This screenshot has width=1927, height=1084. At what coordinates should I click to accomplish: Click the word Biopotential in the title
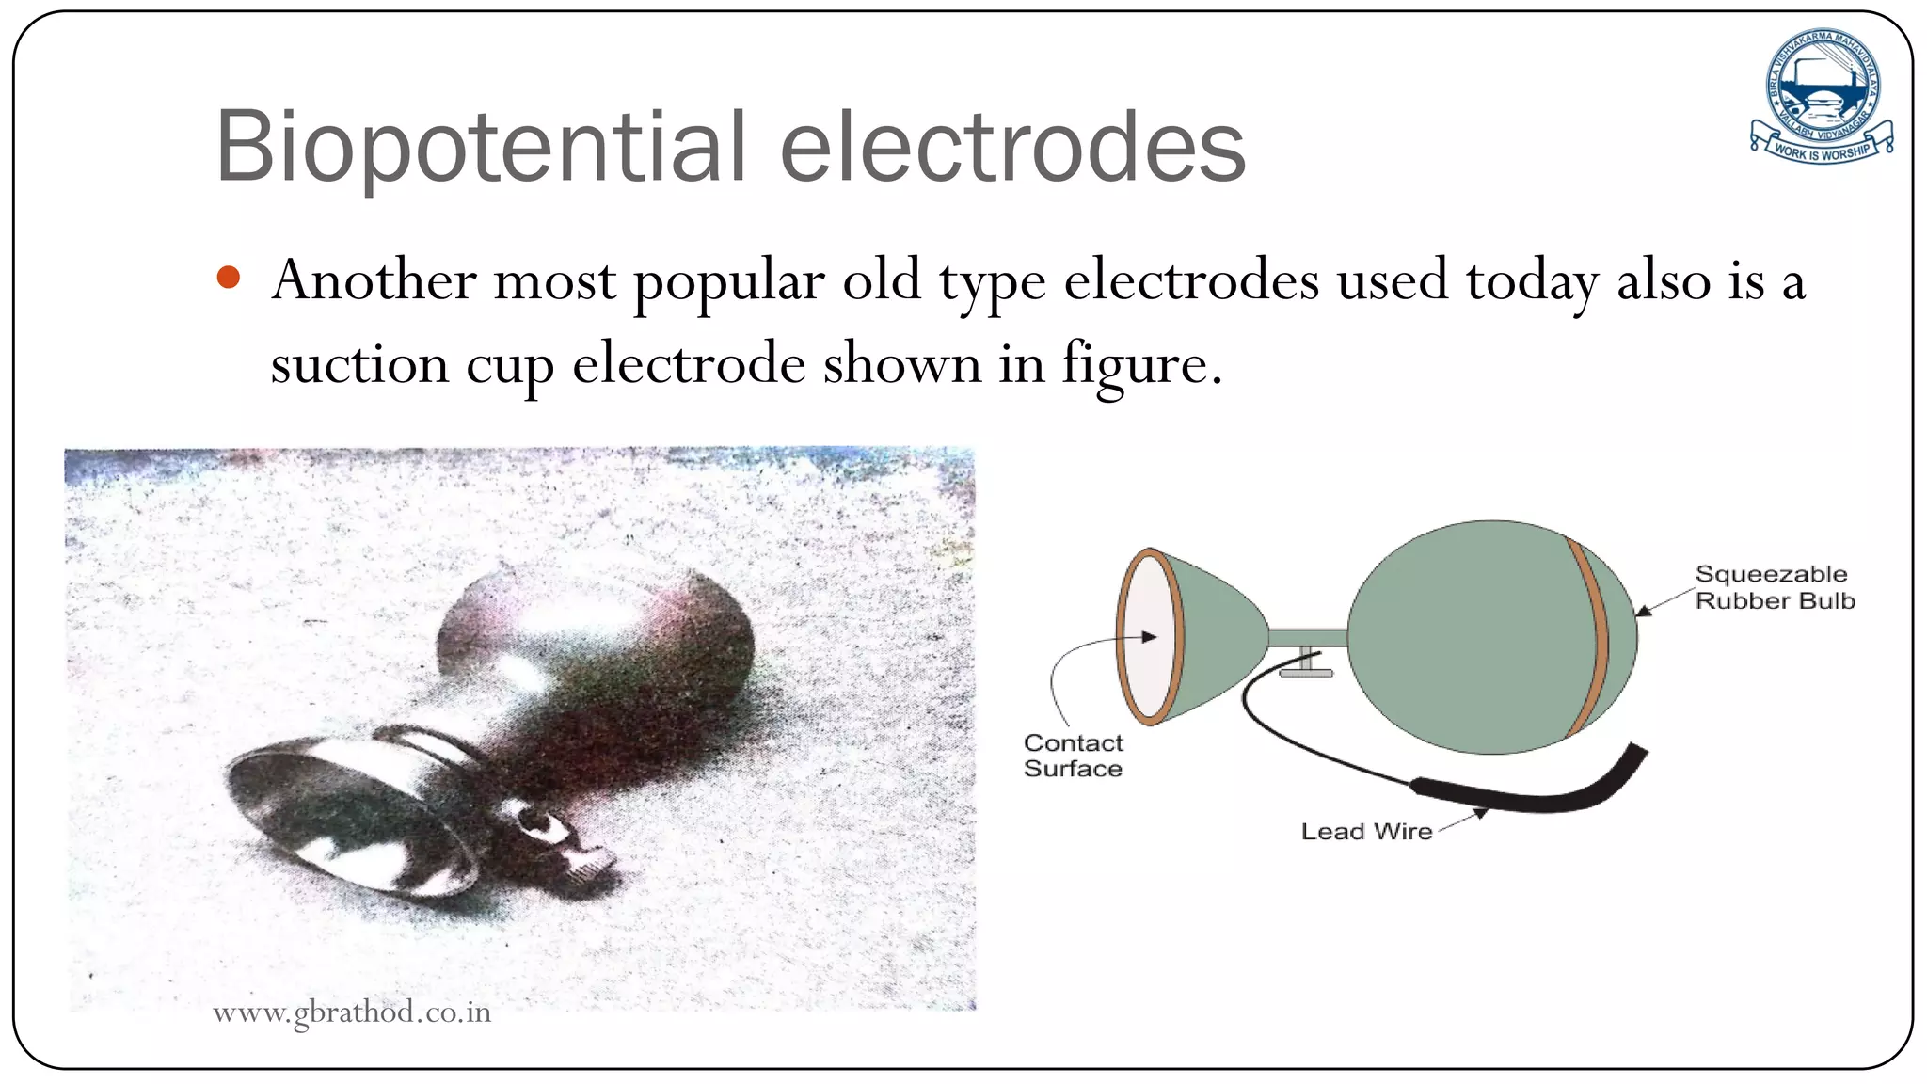point(480,149)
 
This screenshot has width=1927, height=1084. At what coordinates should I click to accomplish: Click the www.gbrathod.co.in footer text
point(352,1012)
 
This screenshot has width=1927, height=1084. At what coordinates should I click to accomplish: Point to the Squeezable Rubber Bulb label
point(1774,587)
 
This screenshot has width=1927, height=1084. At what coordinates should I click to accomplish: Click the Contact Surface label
point(1073,756)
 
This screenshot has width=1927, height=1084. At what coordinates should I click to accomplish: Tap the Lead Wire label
point(1366,831)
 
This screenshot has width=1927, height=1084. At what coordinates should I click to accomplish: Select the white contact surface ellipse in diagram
point(1149,637)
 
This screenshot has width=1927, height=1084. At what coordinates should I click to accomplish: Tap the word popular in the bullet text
point(729,282)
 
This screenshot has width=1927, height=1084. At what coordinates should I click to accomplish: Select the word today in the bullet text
point(1531,282)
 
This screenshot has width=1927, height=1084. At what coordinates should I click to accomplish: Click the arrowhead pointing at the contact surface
point(1150,637)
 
